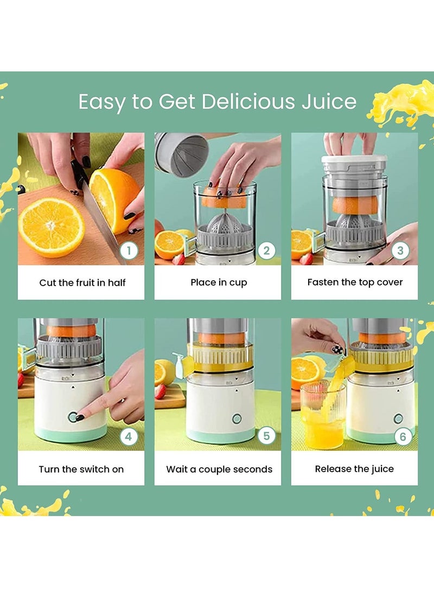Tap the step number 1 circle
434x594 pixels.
coord(129,250)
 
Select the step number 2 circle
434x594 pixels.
coord(266,250)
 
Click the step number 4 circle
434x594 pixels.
coord(129,436)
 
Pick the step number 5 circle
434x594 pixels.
coord(266,436)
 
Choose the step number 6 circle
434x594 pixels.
coord(402,436)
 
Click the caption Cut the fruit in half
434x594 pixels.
coord(82,282)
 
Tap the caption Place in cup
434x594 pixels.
coord(218,282)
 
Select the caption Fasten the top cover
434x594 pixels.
coord(355,282)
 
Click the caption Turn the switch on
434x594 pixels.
coord(81,469)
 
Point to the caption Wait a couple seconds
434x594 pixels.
coord(219,469)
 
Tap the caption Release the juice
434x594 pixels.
coord(354,469)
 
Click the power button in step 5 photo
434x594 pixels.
coord(237,418)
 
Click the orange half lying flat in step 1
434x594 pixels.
coord(52,227)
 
